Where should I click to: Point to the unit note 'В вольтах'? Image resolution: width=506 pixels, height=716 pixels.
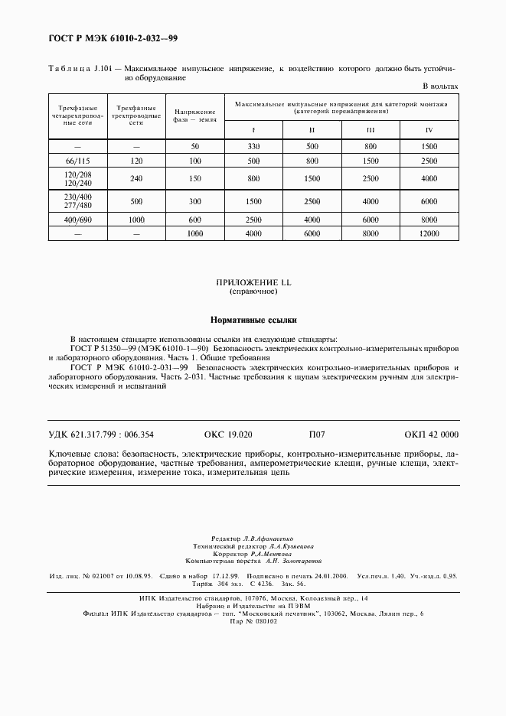[x=441, y=86]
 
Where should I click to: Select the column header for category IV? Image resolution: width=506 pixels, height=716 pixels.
[x=429, y=129]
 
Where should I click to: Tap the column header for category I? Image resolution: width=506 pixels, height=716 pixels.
[x=253, y=129]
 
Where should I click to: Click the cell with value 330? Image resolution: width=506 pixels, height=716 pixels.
[x=253, y=146]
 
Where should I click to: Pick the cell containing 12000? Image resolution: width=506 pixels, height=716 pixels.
[x=429, y=233]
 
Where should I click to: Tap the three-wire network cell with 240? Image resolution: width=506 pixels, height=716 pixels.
[x=136, y=179]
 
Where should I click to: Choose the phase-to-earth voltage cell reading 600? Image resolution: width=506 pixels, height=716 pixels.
[x=194, y=220]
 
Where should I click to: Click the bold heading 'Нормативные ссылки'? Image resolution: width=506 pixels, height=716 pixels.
[x=253, y=320]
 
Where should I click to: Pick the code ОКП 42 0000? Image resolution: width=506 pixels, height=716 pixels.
[x=431, y=434]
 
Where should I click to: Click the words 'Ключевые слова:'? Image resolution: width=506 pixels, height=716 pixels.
[x=80, y=454]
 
